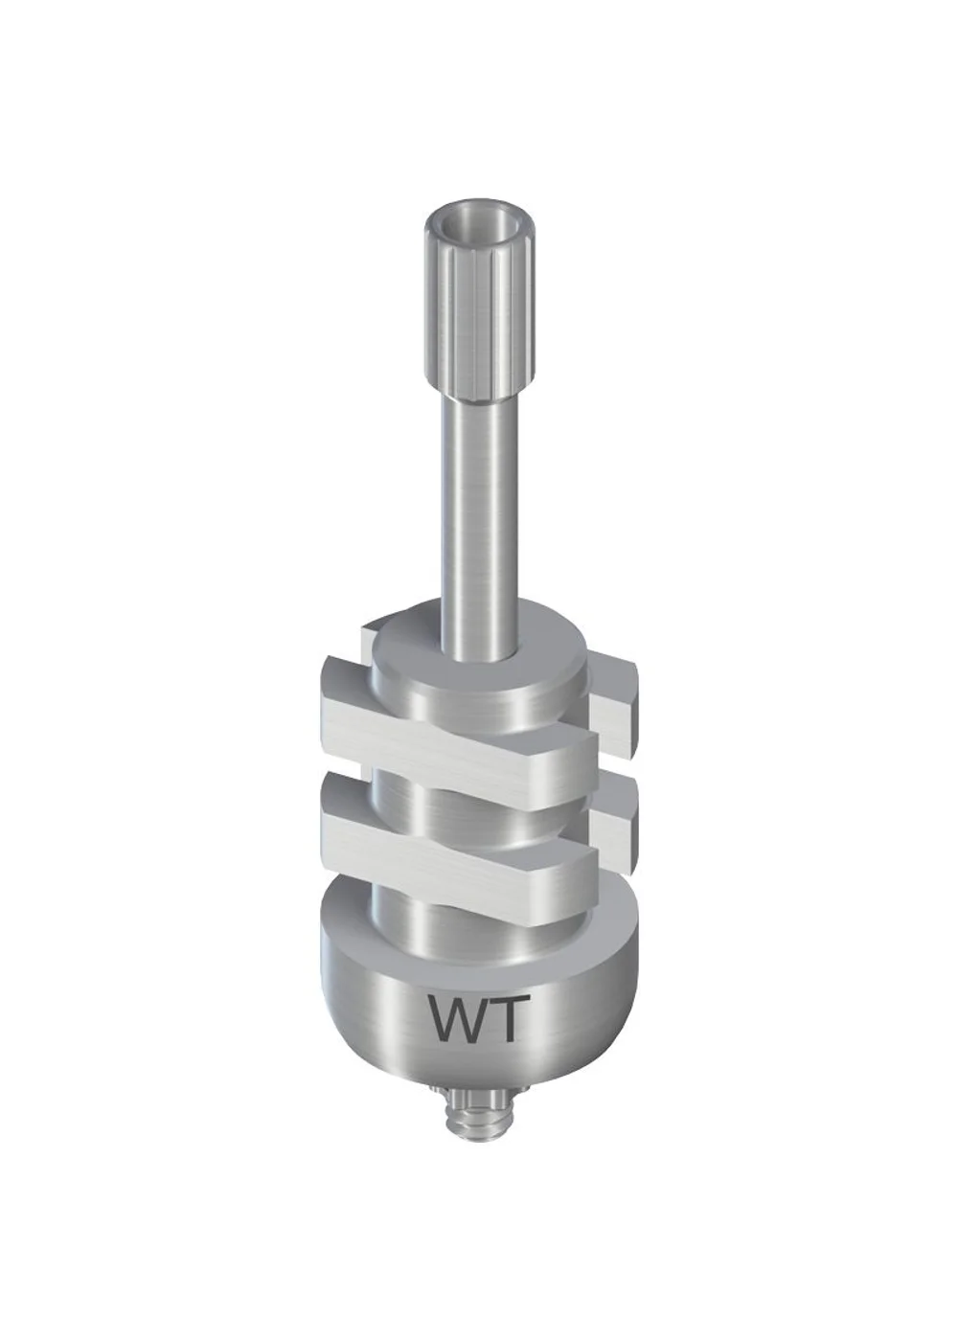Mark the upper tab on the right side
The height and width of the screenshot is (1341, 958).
(613, 713)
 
